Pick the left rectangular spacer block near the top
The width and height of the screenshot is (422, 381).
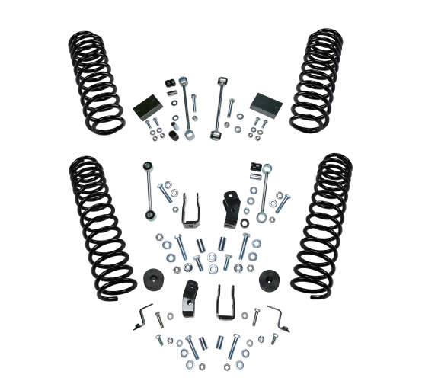(x=147, y=107)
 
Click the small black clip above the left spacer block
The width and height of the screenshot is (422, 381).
(x=167, y=82)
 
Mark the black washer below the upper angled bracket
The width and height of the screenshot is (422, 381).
(x=244, y=223)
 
